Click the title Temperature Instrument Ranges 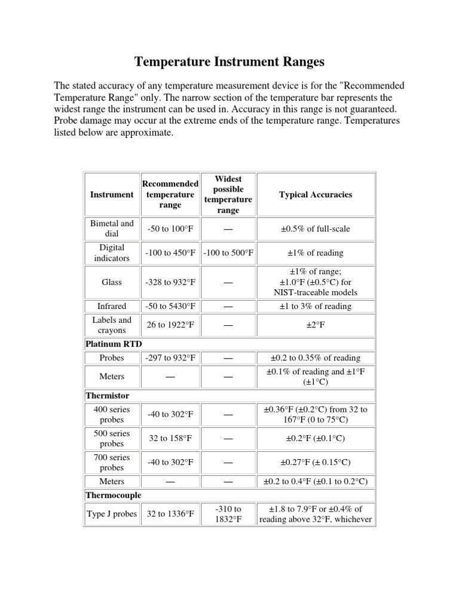229,62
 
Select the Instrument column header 112,194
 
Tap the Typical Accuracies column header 316,194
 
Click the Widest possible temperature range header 228,194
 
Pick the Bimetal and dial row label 112,229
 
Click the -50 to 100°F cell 170,229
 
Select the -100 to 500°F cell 228,253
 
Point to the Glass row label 112,281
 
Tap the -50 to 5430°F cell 170,306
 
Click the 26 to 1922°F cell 170,325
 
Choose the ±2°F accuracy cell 316,325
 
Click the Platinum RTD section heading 111,344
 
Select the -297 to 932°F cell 170,357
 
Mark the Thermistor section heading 108,395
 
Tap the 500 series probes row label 112,438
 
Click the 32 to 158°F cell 170,438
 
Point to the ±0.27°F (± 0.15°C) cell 316,462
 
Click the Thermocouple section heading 114,495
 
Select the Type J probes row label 112,514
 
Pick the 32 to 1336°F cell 170,514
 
